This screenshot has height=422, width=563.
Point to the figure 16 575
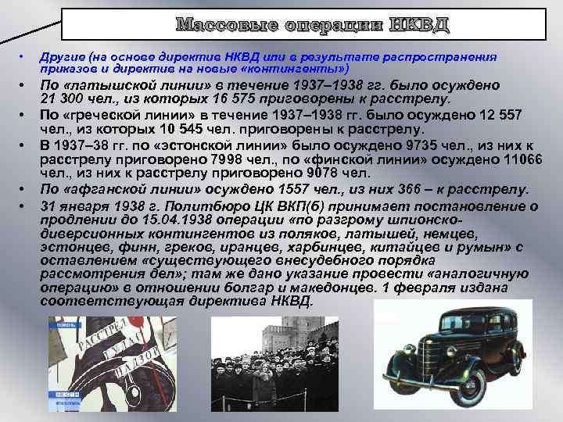pyautogui.click(x=217, y=99)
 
